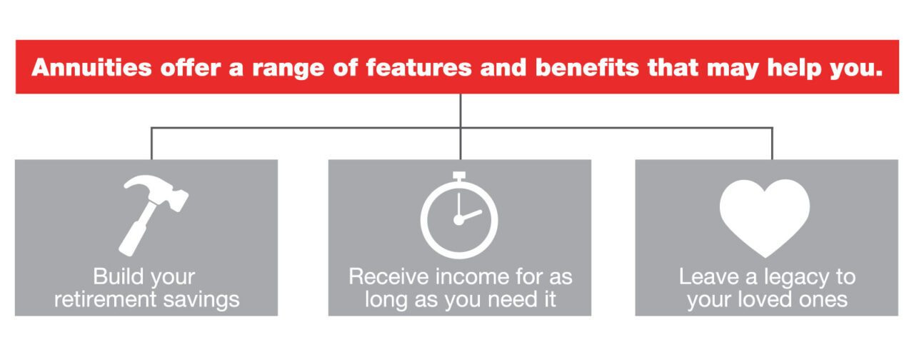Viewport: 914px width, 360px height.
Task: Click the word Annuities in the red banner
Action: [91, 68]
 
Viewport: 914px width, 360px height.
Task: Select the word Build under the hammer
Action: [120, 276]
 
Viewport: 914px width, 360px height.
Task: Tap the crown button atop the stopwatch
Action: [459, 176]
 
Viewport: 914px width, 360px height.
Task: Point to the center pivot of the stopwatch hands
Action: [458, 221]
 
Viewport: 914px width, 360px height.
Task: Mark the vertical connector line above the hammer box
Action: [151, 144]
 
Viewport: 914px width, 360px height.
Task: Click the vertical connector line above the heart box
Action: [772, 144]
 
